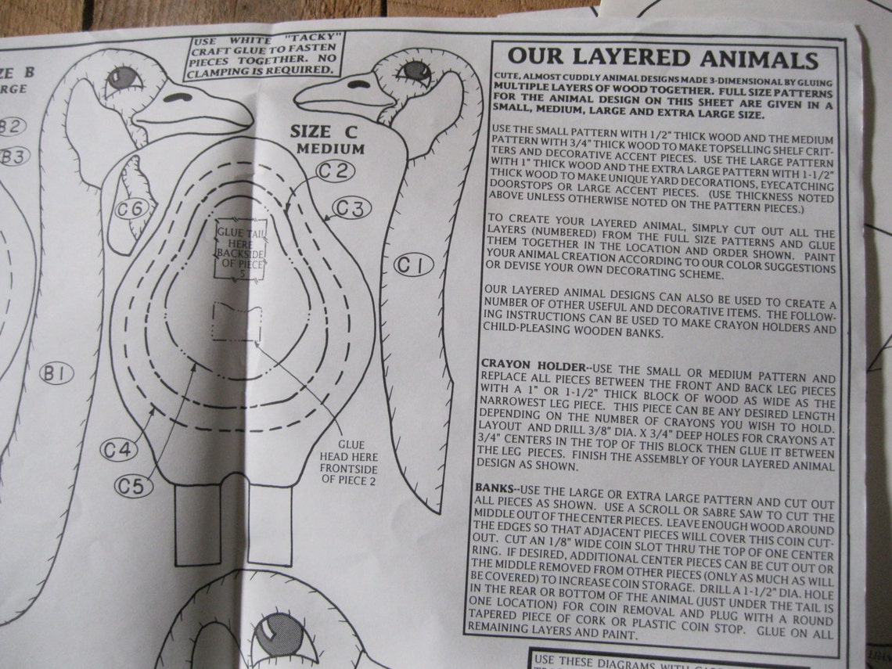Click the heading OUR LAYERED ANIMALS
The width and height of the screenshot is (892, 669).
point(663,59)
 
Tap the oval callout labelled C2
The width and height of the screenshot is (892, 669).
point(336,171)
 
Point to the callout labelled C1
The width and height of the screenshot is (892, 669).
point(413,266)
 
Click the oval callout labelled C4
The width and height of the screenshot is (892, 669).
point(119,449)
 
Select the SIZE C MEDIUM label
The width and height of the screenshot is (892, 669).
point(327,138)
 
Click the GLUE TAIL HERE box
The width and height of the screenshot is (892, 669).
point(241,250)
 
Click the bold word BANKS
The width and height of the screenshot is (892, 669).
point(495,487)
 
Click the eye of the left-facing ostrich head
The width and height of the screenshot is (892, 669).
point(412,71)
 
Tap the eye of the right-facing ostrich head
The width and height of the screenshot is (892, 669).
point(124,77)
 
